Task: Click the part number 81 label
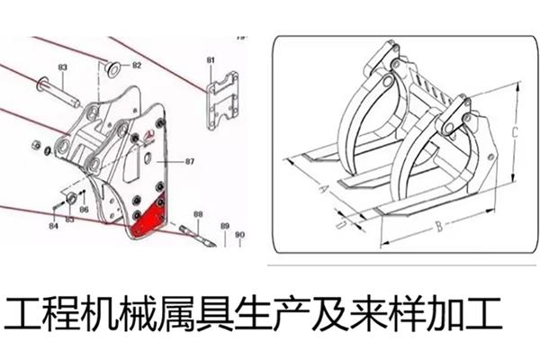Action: click(x=211, y=60)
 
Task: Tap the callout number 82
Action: click(x=137, y=66)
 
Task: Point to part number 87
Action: click(x=190, y=162)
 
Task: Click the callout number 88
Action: click(x=198, y=215)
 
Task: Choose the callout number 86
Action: click(x=83, y=210)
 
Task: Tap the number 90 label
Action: click(x=239, y=236)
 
